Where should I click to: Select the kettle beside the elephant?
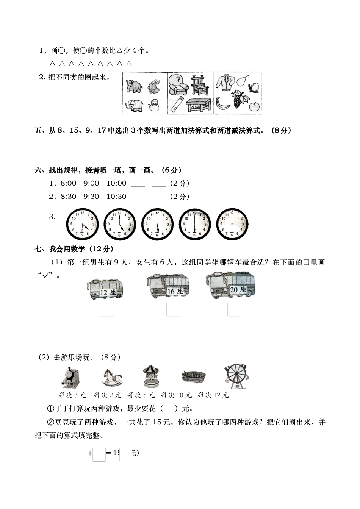pos(153,105)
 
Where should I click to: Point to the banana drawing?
pos(223,103)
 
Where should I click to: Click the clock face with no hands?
pos(232,224)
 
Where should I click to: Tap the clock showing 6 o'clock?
pos(194,224)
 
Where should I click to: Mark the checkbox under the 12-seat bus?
pos(107,309)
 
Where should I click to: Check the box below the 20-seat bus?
pos(234,309)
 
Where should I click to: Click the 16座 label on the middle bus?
pos(175,291)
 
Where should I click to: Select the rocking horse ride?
pos(112,377)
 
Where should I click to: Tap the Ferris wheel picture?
pos(236,377)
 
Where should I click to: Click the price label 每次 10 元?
pos(176,395)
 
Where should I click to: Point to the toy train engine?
pos(71,377)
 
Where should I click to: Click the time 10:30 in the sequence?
pos(116,196)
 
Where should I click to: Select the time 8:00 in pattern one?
pos(68,183)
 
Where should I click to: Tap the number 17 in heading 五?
pos(102,131)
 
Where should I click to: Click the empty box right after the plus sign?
pos(99,454)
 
